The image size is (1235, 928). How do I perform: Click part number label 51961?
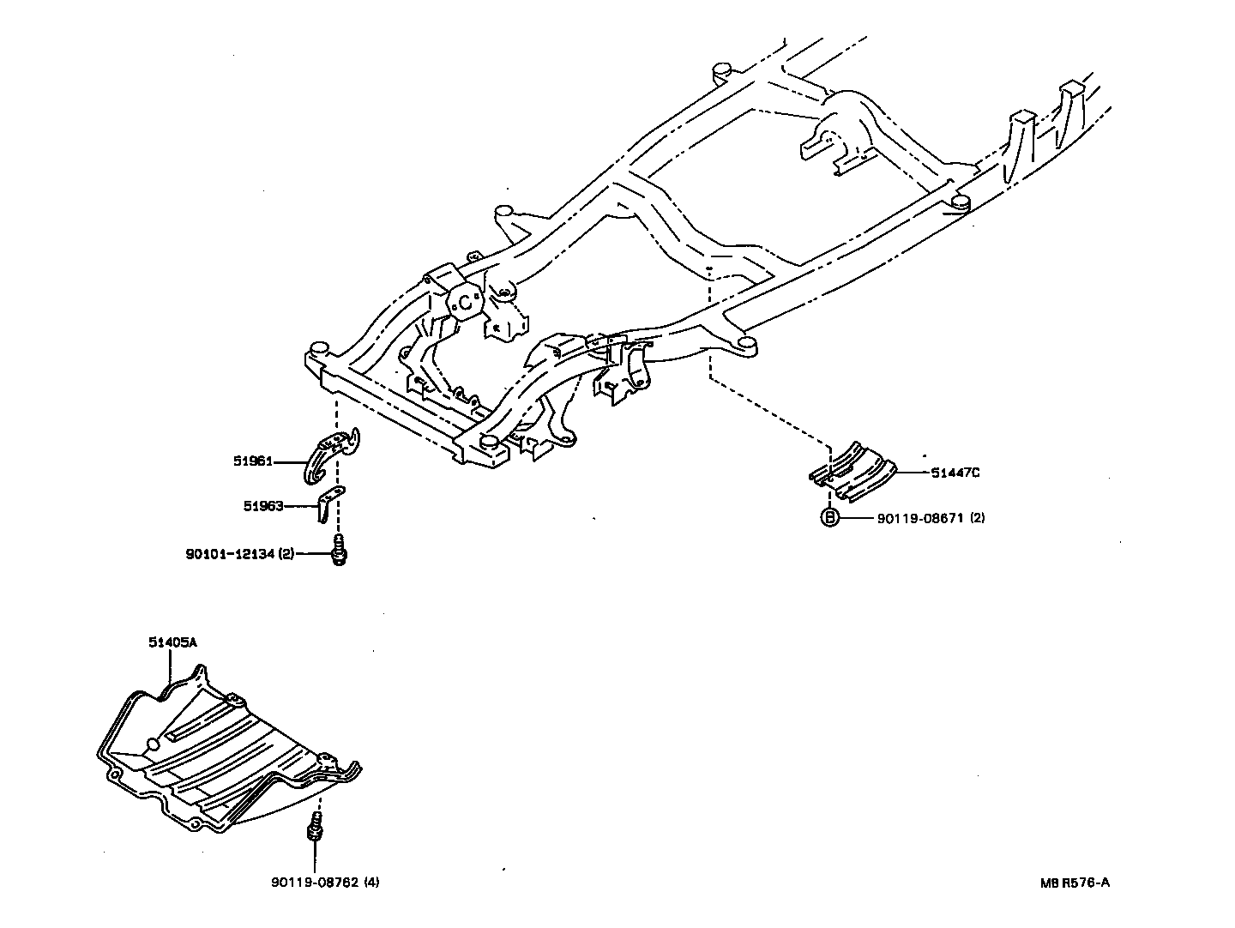[252, 461]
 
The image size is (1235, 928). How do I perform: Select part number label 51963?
[262, 506]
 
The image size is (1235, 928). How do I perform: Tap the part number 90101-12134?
[230, 554]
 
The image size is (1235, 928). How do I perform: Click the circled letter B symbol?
[829, 518]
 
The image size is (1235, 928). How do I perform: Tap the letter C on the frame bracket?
[465, 302]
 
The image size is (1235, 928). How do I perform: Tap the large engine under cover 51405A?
[223, 755]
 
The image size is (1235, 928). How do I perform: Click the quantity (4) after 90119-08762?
[370, 882]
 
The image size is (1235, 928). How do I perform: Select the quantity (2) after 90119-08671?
[978, 518]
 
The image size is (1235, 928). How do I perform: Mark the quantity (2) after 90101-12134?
[286, 554]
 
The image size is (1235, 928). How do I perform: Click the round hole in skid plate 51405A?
[153, 744]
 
